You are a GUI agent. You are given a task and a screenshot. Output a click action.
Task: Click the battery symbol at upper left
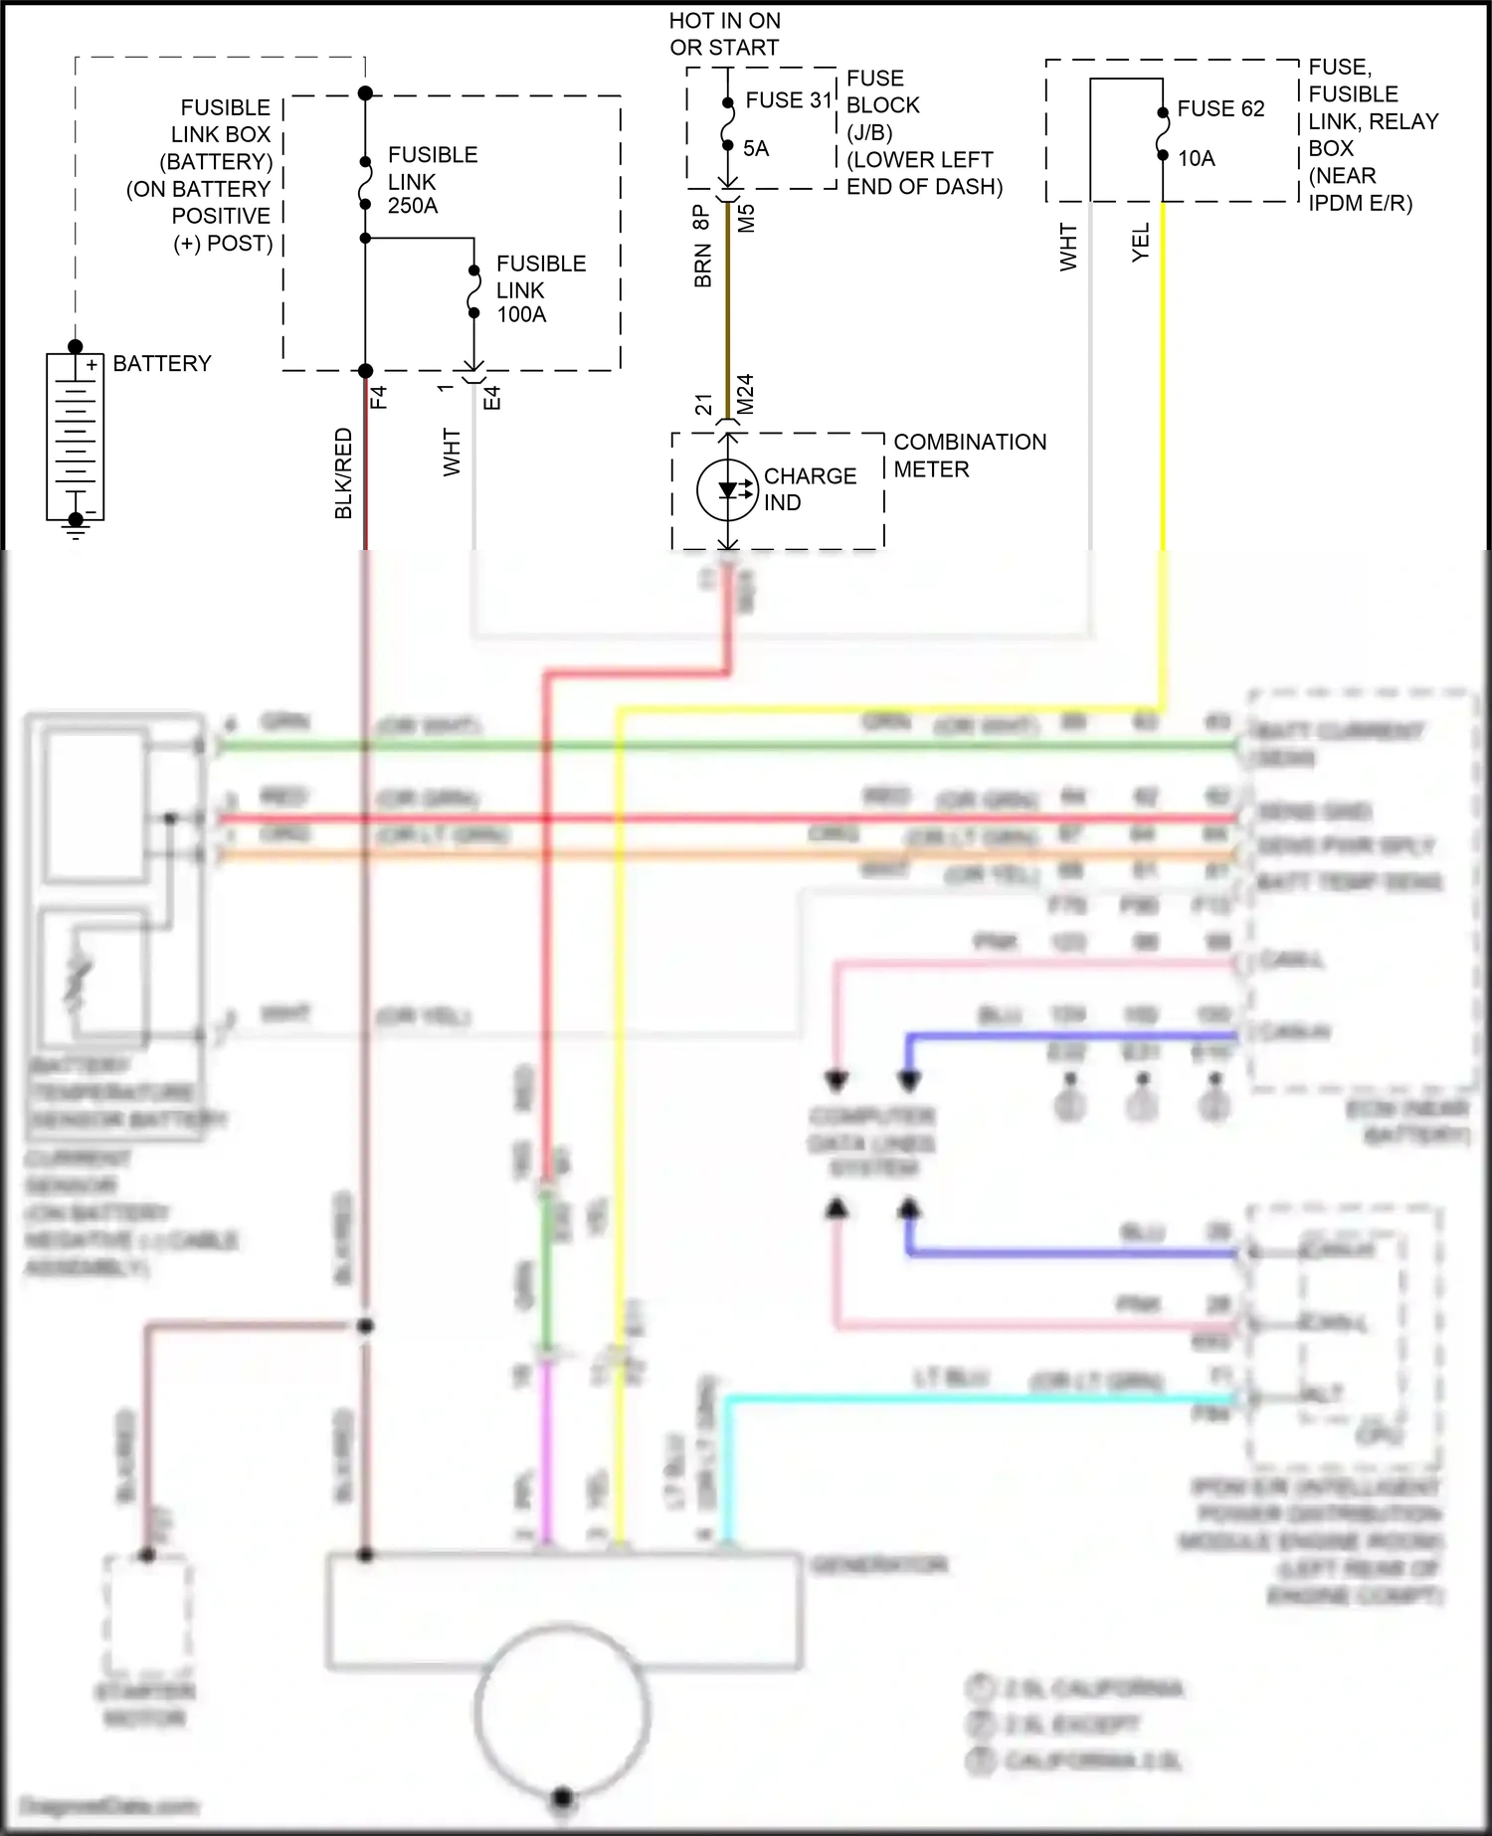pos(75,436)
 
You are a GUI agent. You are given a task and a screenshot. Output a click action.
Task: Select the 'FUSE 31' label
pos(788,100)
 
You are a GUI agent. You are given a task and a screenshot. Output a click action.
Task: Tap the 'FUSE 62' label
pos(1220,109)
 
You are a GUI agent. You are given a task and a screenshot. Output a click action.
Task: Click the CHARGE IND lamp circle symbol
pos(728,489)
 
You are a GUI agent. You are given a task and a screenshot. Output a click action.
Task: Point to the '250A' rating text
pos(413,206)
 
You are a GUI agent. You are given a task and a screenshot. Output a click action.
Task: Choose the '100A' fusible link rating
pos(521,314)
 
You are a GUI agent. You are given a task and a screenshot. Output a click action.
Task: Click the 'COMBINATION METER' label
pos(969,456)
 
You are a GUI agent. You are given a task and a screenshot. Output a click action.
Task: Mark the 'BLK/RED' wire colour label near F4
pos(343,473)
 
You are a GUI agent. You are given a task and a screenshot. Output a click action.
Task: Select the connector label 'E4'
pos(491,398)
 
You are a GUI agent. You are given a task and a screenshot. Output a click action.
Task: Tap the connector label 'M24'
pos(746,394)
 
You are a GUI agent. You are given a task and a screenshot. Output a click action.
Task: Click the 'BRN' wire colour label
pos(703,267)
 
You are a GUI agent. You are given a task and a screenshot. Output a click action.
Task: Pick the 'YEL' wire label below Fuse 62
pos(1141,242)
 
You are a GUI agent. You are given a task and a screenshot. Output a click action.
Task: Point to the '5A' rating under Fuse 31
pos(756,149)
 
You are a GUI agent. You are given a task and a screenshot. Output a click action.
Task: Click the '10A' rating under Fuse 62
pos(1197,159)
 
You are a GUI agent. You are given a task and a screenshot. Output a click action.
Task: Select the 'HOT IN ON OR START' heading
pos(724,34)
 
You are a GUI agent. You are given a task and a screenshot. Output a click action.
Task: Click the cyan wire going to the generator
pos(975,1398)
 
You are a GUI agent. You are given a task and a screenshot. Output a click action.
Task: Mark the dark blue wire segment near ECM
pos(1074,1036)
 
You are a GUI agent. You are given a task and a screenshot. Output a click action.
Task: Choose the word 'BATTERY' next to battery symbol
pos(162,364)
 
